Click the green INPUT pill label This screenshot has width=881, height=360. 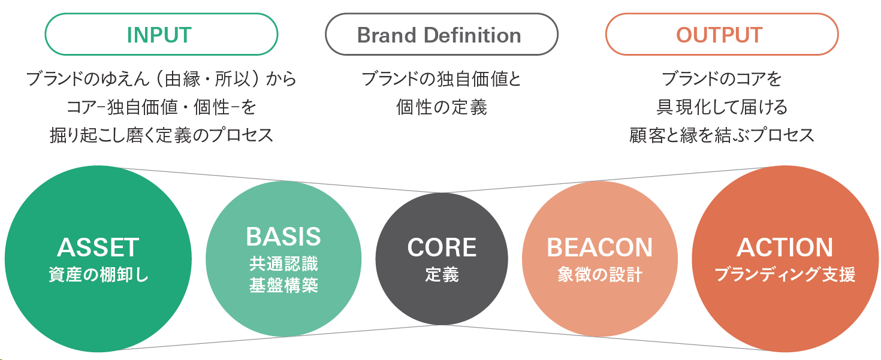[159, 35]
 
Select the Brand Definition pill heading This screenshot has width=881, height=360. [439, 35]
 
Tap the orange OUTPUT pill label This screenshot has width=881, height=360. [719, 35]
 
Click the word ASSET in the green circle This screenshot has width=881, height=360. [98, 247]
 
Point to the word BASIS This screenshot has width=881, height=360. [283, 237]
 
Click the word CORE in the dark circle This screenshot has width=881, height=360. [442, 247]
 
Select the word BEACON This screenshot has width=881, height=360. [599, 247]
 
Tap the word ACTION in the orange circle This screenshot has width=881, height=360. [785, 247]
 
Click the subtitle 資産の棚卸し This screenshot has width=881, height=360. [98, 274]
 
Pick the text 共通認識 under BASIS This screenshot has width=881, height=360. [283, 264]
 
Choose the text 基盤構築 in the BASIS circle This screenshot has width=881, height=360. [283, 285]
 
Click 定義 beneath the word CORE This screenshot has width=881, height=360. [442, 274]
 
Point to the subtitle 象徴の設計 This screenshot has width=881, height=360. [600, 274]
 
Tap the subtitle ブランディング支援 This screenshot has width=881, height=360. [785, 274]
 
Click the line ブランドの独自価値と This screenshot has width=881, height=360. [441, 79]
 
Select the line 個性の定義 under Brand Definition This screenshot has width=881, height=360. [441, 107]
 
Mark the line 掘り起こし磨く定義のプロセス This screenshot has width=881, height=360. [161, 135]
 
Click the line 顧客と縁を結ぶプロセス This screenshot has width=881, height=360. [722, 135]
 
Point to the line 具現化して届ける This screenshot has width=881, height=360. [722, 107]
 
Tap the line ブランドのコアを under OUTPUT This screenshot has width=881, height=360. [722, 79]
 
